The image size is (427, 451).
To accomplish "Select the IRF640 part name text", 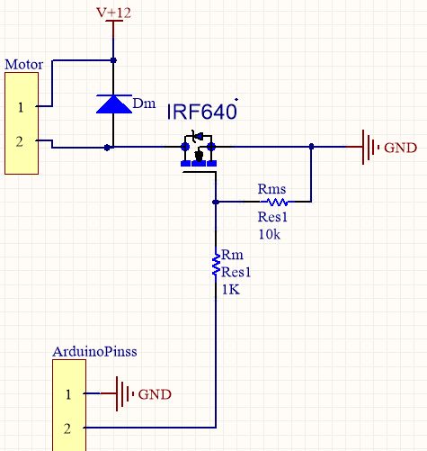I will click(x=201, y=113).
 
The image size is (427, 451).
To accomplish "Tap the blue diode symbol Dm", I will click(x=113, y=104).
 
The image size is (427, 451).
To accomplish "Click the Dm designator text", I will click(x=143, y=104).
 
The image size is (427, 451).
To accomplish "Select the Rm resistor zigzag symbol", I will click(x=216, y=264).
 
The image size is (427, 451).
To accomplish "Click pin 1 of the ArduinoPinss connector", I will click(x=67, y=394).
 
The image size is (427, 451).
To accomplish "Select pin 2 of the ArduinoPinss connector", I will click(x=67, y=426).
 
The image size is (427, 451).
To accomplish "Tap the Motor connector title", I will click(x=24, y=65).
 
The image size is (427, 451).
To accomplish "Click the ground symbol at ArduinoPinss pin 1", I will click(x=118, y=394).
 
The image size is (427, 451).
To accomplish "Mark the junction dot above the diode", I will click(x=113, y=60).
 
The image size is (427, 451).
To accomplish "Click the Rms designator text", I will click(x=271, y=189).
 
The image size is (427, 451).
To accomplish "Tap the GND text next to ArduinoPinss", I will click(x=154, y=395).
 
